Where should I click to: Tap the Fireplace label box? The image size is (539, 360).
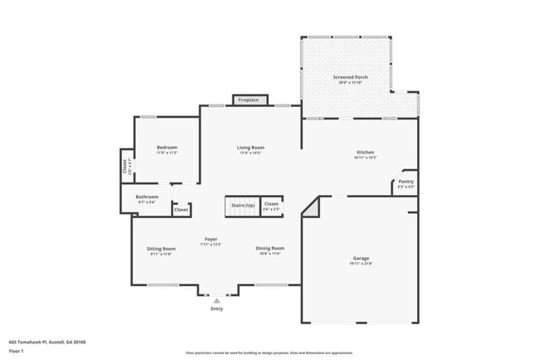pos(249,100)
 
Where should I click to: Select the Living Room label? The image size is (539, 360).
pos(250,148)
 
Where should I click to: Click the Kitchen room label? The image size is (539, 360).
pos(365,153)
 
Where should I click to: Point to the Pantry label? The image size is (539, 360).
pos(405,182)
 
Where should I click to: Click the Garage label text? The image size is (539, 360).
pos(361,259)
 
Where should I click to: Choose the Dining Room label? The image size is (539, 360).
pos(269,248)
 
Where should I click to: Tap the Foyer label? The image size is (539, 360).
pos(211,239)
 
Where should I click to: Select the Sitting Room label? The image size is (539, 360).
pos(162,249)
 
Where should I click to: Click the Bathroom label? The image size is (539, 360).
pos(147,197)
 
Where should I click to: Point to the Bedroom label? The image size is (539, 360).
pos(167,148)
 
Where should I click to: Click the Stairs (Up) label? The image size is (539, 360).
pos(243,204)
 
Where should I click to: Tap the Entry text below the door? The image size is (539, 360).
pos(216,309)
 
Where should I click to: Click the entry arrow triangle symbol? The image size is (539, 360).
pos(216,300)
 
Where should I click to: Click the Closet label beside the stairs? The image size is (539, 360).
pos(271,204)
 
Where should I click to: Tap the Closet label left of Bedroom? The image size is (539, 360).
pos(125,165)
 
